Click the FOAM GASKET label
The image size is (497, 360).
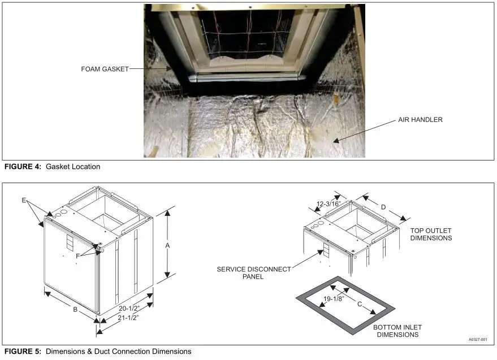pyautogui.click(x=105, y=69)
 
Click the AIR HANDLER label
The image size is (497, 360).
pyautogui.click(x=420, y=120)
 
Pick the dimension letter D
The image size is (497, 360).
pyautogui.click(x=383, y=207)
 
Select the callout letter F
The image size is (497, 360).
pyautogui.click(x=78, y=255)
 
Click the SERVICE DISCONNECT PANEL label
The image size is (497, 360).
pyautogui.click(x=254, y=273)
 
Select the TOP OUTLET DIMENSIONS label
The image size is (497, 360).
pyautogui.click(x=431, y=234)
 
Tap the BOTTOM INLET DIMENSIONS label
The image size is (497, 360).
pyautogui.click(x=397, y=331)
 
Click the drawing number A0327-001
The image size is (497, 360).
pyautogui.click(x=477, y=340)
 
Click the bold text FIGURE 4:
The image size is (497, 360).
pyautogui.click(x=22, y=167)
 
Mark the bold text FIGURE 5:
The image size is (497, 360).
pyautogui.click(x=22, y=352)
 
